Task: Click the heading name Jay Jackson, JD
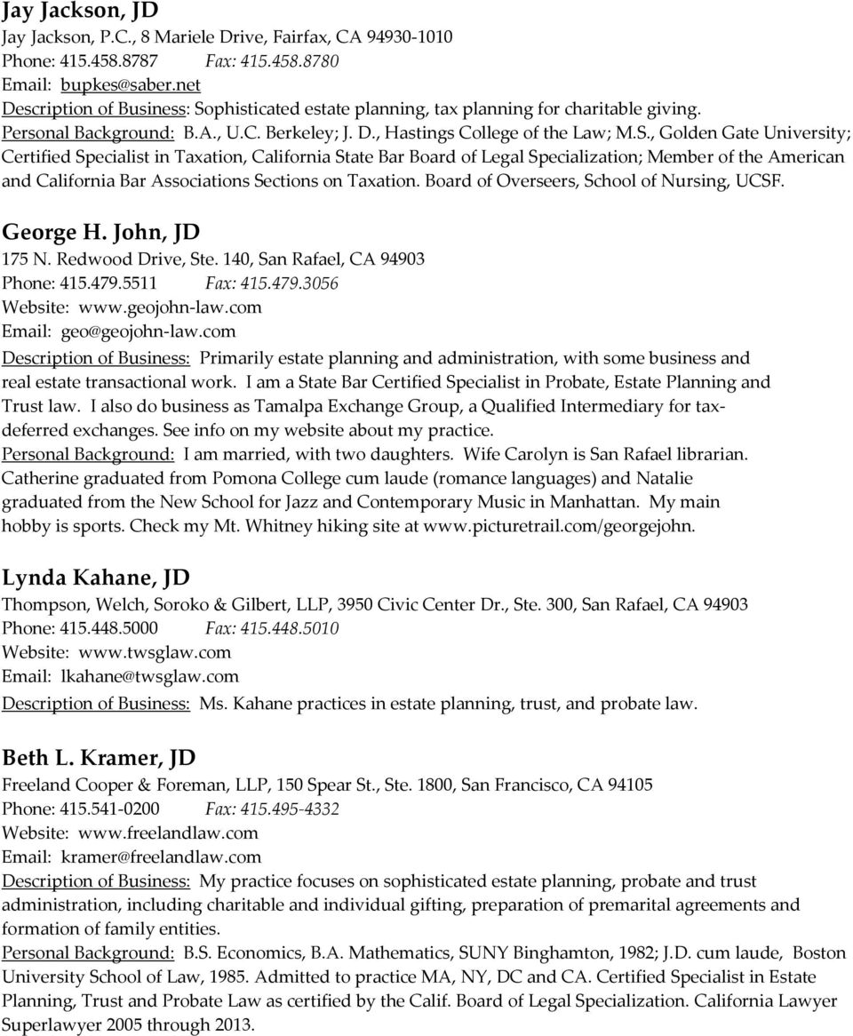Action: click(81, 12)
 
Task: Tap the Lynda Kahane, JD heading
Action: click(95, 578)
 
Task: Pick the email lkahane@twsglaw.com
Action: click(149, 676)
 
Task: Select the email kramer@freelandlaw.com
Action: click(162, 857)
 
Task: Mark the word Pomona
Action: click(234, 477)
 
